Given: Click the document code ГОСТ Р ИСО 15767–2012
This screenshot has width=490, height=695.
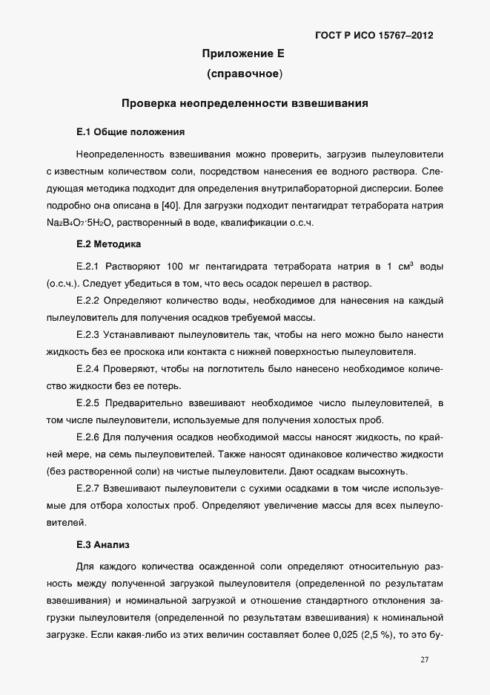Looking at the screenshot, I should click(x=374, y=35).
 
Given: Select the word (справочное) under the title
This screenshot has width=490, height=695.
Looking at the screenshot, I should click(x=244, y=74).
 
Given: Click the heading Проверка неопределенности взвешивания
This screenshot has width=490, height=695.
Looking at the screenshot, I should click(x=245, y=103).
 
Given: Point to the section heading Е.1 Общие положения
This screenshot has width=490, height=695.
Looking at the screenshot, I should click(x=130, y=132).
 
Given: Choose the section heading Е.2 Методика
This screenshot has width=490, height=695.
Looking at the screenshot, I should click(x=110, y=244).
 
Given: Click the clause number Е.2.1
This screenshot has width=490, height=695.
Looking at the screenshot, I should click(x=88, y=266).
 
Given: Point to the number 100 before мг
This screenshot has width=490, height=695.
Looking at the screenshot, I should click(x=176, y=266).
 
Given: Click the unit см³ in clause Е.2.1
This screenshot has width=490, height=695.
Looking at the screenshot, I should click(x=406, y=265).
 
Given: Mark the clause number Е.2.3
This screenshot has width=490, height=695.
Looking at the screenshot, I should click(x=88, y=334).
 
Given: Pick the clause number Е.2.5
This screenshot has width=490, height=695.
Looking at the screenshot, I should click(x=88, y=402).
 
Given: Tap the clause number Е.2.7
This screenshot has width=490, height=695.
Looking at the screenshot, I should click(x=88, y=489).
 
